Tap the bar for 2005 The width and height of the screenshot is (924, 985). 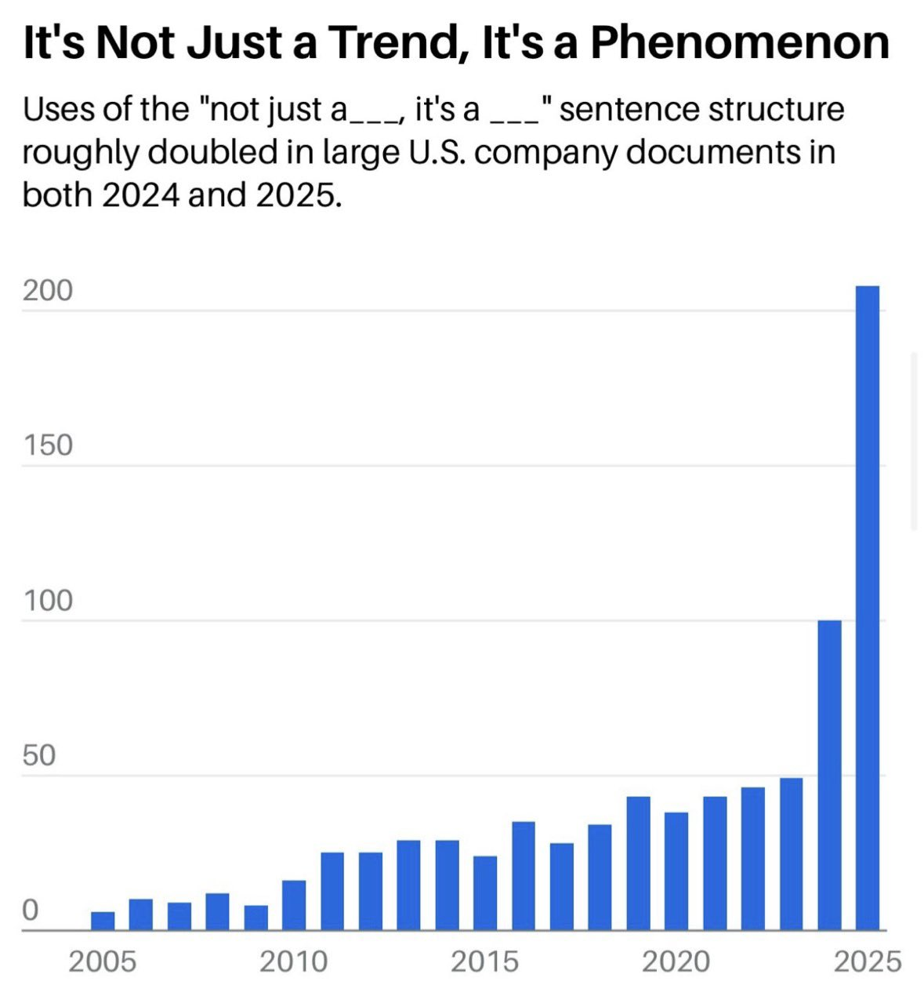point(103,921)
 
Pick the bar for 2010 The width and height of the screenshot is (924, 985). point(294,905)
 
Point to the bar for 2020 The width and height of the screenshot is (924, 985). point(676,871)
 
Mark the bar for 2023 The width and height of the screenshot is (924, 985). point(791,854)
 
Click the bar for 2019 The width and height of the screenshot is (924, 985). point(638,863)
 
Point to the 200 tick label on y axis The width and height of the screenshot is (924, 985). point(47,291)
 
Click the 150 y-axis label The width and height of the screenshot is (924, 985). point(47,445)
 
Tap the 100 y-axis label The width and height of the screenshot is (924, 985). point(47,601)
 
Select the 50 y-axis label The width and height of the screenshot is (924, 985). point(39,756)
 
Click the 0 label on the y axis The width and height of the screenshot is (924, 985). point(30,910)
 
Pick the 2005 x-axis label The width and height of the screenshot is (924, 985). point(102,961)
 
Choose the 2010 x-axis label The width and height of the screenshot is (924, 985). point(294,961)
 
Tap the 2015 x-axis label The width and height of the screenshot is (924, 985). point(485,961)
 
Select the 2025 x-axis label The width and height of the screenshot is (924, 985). point(867,961)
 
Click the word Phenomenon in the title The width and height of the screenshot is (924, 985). point(739,42)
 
